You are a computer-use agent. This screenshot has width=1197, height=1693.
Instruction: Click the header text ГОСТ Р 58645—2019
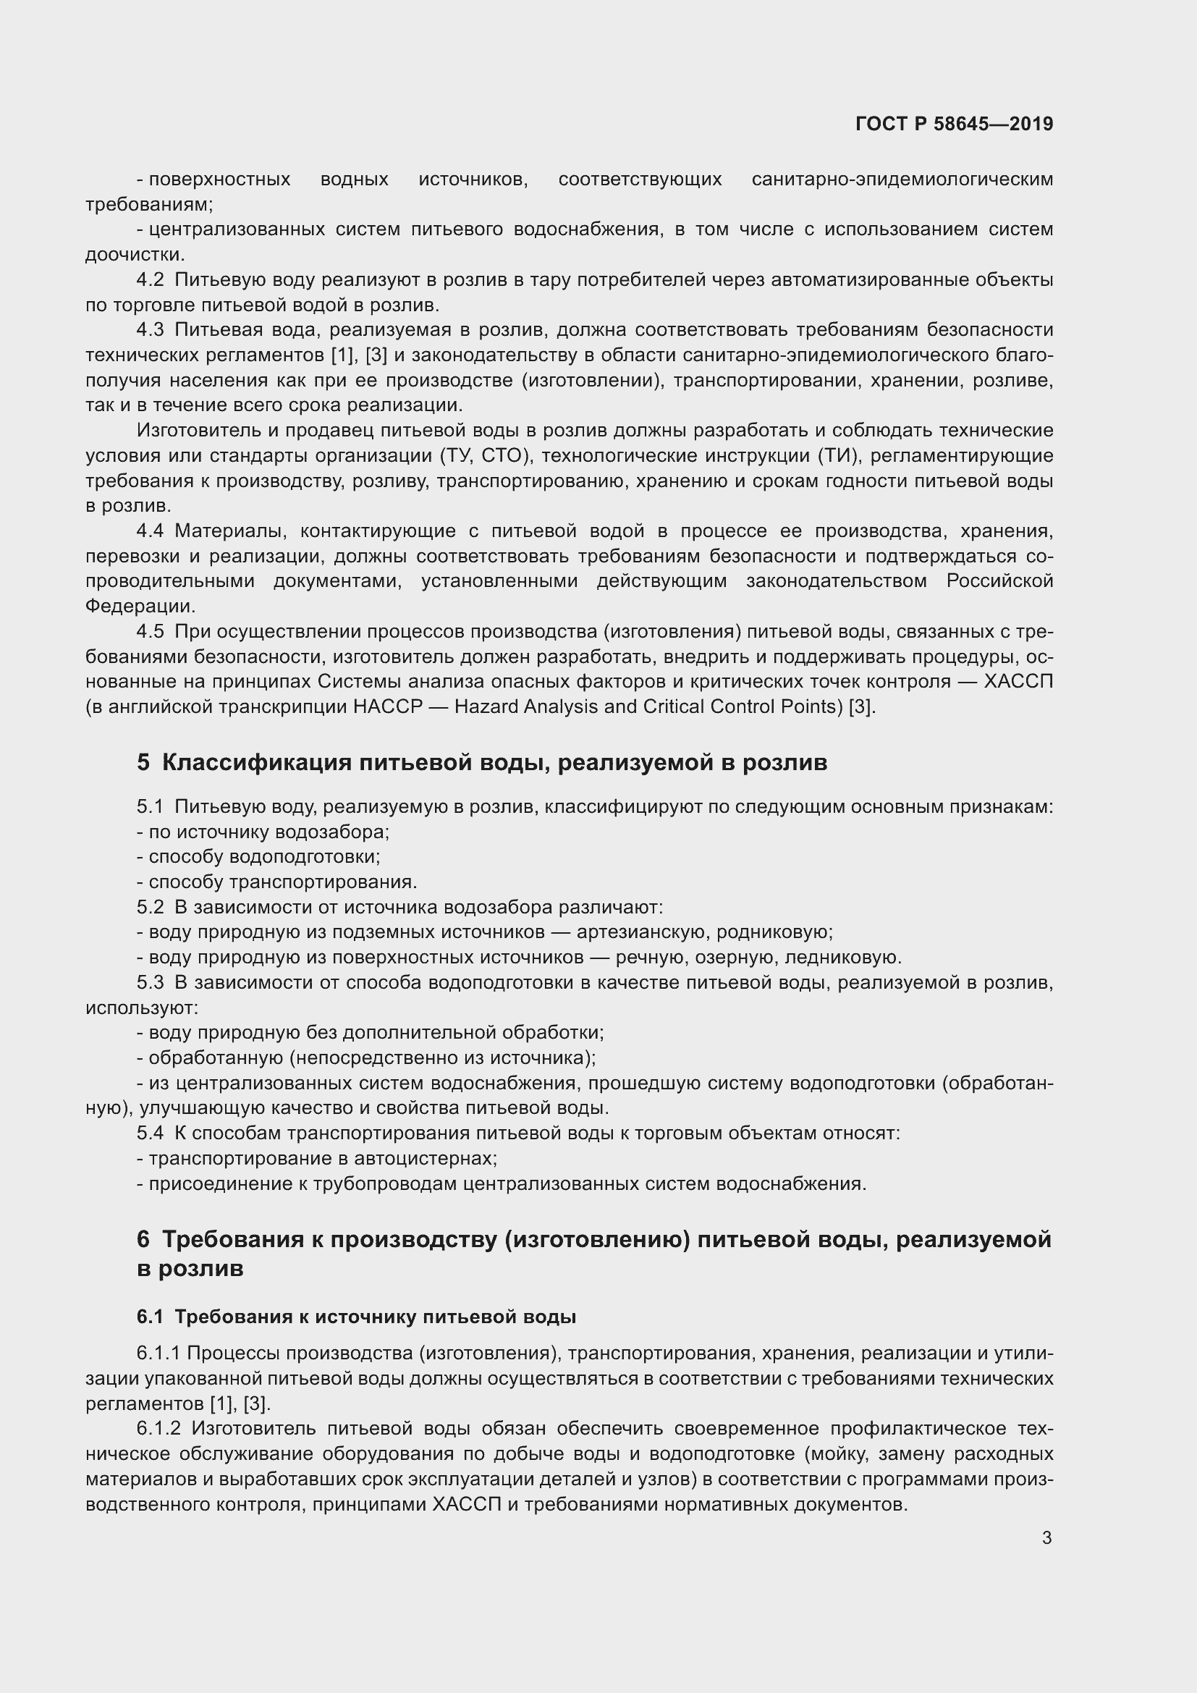[x=954, y=124]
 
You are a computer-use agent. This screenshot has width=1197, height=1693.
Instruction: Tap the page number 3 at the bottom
[x=1046, y=1538]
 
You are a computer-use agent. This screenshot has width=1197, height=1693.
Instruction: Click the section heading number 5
[x=143, y=762]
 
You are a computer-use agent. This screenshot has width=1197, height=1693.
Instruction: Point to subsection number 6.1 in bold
[x=150, y=1317]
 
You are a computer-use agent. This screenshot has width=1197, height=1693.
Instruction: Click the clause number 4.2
[x=150, y=280]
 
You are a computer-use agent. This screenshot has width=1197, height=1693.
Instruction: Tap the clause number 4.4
[x=150, y=531]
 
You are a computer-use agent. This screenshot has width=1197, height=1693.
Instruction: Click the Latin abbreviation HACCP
[x=388, y=707]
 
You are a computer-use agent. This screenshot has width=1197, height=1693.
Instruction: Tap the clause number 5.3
[x=150, y=982]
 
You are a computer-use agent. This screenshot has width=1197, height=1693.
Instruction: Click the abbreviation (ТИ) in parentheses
[x=838, y=456]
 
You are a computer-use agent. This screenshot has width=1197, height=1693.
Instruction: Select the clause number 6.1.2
[x=158, y=1429]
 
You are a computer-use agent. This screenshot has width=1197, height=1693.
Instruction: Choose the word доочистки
[x=135, y=255]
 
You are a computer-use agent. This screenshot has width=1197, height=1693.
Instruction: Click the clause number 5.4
[x=150, y=1133]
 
